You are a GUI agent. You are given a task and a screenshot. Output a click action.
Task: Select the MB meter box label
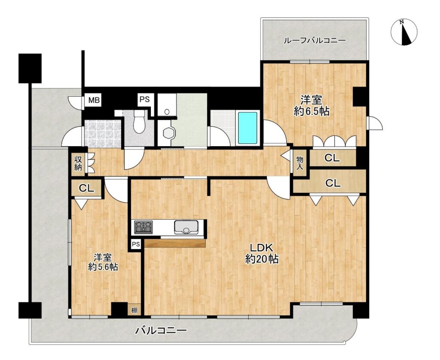pyautogui.click(x=94, y=100)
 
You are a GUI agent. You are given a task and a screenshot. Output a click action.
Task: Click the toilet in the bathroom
pyautogui.click(x=139, y=121)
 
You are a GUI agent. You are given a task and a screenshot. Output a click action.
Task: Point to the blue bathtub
pyautogui.click(x=248, y=128)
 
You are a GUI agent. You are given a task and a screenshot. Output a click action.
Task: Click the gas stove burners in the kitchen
pyautogui.click(x=143, y=228)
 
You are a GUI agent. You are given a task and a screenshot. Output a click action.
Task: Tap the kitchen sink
pyautogui.click(x=186, y=227)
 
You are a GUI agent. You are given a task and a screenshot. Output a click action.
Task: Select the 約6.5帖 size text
pyautogui.click(x=312, y=111)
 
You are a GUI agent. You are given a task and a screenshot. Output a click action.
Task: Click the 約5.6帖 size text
pyautogui.click(x=103, y=267)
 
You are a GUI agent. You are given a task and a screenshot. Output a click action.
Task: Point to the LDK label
pyautogui.click(x=262, y=248)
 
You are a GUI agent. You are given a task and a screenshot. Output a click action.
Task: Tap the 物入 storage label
pyautogui.click(x=300, y=163)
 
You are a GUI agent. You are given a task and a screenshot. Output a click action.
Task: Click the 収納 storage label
pyautogui.click(x=78, y=163)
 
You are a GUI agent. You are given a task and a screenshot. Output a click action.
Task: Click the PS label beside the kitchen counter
pyautogui.click(x=136, y=244)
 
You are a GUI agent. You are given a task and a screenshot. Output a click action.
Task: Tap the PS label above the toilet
pyautogui.click(x=145, y=99)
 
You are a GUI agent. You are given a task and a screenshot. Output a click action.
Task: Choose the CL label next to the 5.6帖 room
pyautogui.click(x=86, y=188)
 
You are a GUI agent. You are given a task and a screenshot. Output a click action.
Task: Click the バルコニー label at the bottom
pyautogui.click(x=161, y=330)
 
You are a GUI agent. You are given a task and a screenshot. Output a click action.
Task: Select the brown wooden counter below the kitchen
pyautogui.click(x=175, y=243)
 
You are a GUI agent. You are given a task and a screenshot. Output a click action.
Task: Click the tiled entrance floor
pyautogui.click(x=103, y=134)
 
